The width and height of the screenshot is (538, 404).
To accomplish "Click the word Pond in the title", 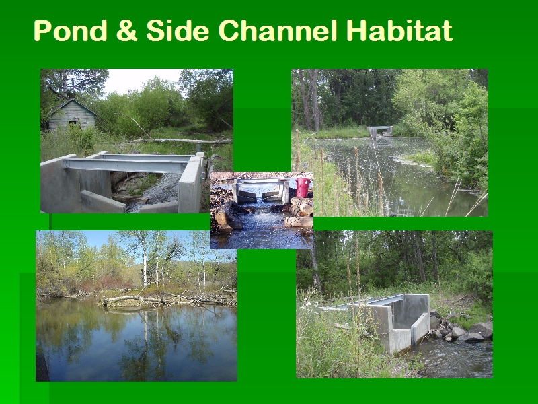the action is (x=71, y=30).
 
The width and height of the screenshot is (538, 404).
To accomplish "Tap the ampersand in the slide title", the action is (x=126, y=30).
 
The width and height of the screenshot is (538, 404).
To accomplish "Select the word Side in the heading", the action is (x=178, y=30).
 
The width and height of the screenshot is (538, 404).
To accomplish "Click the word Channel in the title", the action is (x=277, y=30).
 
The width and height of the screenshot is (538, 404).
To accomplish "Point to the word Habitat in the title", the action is (x=399, y=30).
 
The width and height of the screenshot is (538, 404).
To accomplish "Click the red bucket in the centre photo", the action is (x=302, y=187).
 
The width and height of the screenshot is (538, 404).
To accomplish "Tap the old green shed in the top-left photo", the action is (x=72, y=115).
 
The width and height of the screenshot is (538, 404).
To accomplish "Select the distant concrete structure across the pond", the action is (x=380, y=131).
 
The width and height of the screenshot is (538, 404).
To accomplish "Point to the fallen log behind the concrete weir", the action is (x=178, y=141).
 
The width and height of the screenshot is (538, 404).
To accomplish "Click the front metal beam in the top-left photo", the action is (x=125, y=165).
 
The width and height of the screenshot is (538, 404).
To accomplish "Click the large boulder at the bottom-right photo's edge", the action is (x=481, y=329).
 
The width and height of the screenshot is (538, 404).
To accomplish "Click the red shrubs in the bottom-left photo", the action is (x=106, y=284).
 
